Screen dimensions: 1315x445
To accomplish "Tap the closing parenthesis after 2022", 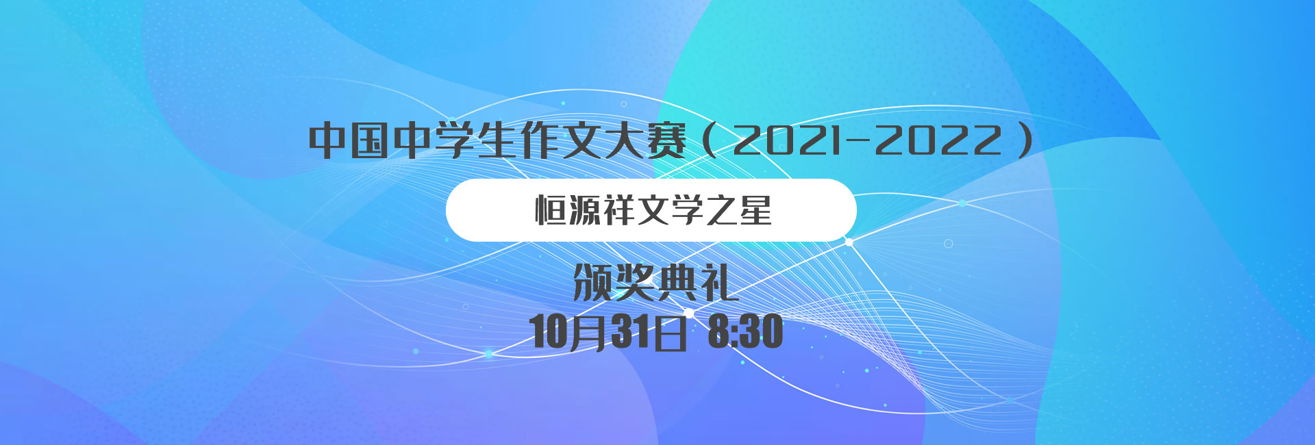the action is [x=1025, y=140].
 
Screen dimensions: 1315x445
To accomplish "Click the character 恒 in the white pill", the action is [x=551, y=210].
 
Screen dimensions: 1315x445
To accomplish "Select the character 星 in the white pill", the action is [x=756, y=210].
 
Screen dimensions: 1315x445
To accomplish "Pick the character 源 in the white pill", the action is [x=585, y=210].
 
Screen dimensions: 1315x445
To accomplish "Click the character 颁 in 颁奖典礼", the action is [x=593, y=283].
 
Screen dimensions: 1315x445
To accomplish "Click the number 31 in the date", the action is [x=630, y=332].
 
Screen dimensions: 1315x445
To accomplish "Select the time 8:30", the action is [x=745, y=332].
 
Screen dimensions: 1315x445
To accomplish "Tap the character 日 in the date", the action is [x=669, y=333].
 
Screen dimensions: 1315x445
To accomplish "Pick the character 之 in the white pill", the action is [x=722, y=210].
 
